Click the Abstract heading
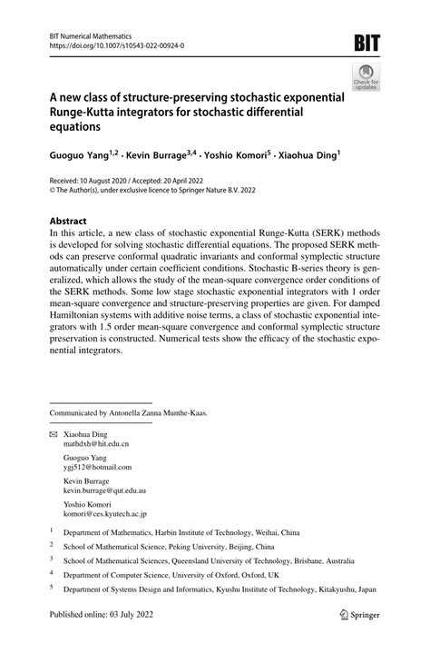tap(68, 221)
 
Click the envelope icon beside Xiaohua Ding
tap(53, 435)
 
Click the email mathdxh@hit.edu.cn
tap(96, 445)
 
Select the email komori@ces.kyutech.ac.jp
tap(105, 514)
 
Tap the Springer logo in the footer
tap(357, 639)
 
